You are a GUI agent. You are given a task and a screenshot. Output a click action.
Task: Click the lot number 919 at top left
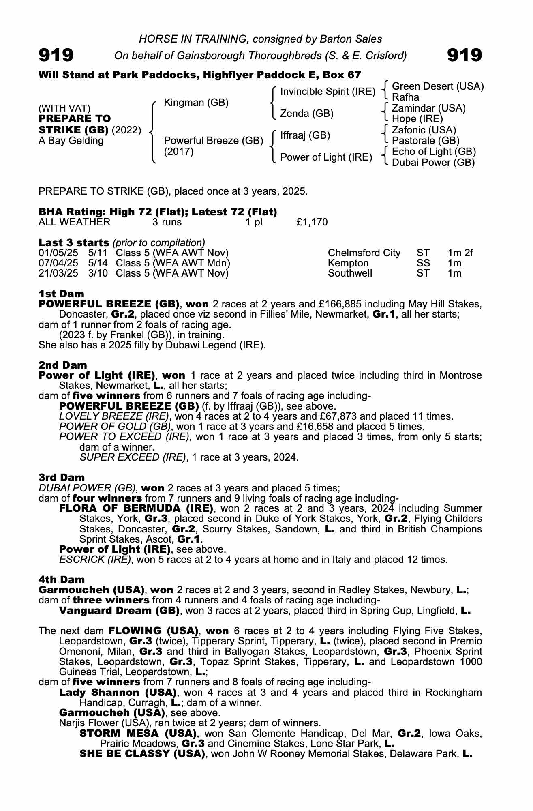(56, 55)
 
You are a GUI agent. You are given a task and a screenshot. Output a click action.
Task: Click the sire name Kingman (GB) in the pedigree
(196, 103)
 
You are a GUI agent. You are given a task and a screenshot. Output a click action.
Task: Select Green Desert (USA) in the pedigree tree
(438, 86)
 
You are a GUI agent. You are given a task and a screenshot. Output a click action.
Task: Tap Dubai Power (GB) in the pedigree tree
(433, 163)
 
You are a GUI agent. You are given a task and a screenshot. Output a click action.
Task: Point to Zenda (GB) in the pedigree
(307, 114)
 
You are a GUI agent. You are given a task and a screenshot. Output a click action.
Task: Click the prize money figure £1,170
(312, 222)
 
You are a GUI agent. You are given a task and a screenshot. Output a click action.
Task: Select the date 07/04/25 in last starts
(58, 263)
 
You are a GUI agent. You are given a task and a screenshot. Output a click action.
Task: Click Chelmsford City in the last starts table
(364, 253)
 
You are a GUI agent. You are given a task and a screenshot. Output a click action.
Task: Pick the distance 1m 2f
(460, 253)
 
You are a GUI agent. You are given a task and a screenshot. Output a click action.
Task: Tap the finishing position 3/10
(98, 273)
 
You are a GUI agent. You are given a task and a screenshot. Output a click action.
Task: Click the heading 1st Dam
(61, 294)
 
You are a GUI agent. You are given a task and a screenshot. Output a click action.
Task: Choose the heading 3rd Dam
(62, 477)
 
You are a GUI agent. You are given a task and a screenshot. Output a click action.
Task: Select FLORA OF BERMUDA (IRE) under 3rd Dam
(136, 508)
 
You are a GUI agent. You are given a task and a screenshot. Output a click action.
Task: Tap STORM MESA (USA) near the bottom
(138, 734)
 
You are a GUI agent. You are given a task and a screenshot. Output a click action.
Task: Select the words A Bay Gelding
(71, 141)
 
